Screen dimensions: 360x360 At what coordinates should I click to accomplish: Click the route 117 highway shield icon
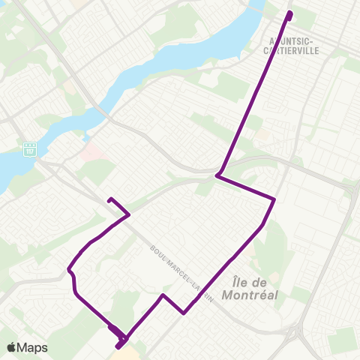click(x=31, y=148)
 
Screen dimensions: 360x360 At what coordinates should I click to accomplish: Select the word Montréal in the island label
click(x=251, y=295)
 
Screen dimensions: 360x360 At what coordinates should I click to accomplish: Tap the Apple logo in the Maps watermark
click(x=11, y=347)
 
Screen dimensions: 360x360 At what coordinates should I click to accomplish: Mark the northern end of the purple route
click(x=289, y=14)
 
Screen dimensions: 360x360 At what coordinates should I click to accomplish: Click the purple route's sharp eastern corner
click(x=274, y=199)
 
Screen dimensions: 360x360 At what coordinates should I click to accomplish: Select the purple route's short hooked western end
click(x=110, y=199)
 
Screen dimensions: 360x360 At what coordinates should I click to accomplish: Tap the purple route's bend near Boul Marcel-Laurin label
click(x=184, y=313)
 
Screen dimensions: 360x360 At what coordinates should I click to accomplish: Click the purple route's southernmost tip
click(x=118, y=347)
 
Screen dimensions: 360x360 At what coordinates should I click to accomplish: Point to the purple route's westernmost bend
click(x=69, y=268)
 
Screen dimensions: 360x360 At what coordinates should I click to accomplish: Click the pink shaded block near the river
click(x=91, y=151)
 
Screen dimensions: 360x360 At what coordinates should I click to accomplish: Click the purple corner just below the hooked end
click(x=129, y=214)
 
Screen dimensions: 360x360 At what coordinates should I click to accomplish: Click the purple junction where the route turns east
click(x=217, y=175)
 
